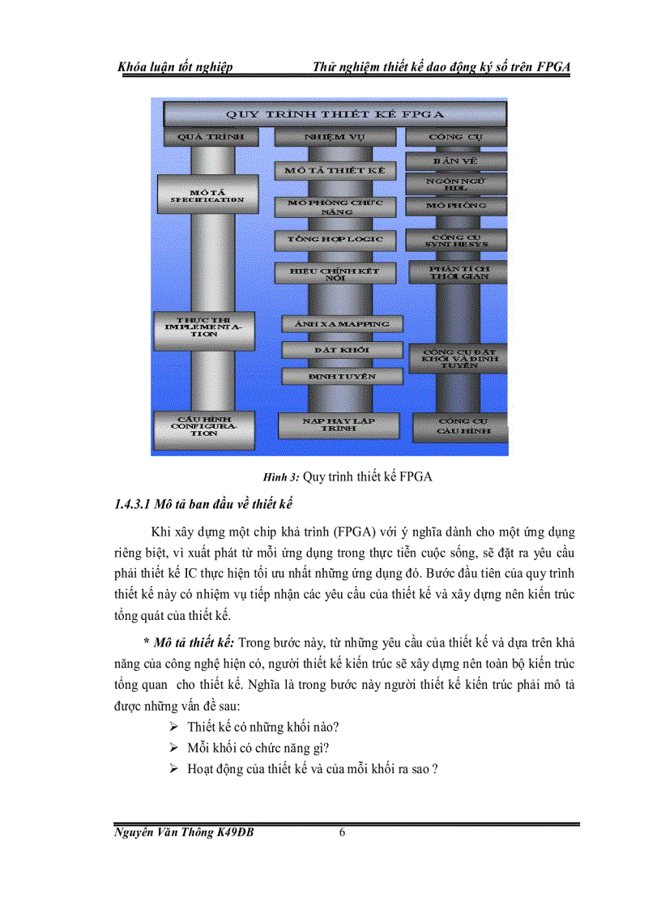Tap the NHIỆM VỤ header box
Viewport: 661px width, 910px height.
(x=335, y=137)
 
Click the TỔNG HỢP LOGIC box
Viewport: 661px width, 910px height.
(x=335, y=241)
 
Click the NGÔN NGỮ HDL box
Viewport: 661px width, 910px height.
(x=456, y=183)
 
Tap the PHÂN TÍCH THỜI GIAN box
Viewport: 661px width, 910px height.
(x=458, y=271)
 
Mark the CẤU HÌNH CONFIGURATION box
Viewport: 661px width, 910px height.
(x=198, y=426)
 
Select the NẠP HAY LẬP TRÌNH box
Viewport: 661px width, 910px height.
(x=339, y=425)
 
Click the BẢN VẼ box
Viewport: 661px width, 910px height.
(x=456, y=160)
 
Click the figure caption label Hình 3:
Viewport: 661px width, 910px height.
(x=278, y=476)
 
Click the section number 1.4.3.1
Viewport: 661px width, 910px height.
(x=131, y=505)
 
